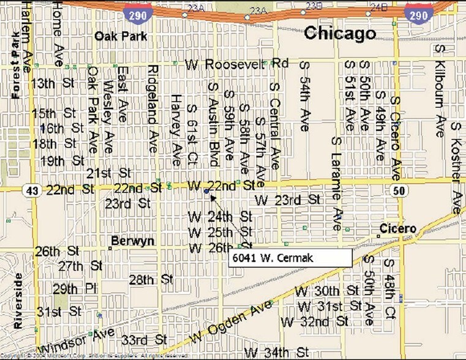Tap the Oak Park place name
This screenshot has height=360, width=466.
pyautogui.click(x=121, y=36)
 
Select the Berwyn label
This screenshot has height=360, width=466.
pyautogui.click(x=132, y=241)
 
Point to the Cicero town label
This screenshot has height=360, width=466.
pyautogui.click(x=398, y=229)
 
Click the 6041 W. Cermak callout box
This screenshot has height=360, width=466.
pyautogui.click(x=290, y=258)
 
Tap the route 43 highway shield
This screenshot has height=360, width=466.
pyautogui.click(x=32, y=190)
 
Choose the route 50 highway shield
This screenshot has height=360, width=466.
pyautogui.click(x=399, y=191)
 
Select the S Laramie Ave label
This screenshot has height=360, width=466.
pyautogui.click(x=336, y=182)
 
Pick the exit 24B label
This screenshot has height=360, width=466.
pyautogui.click(x=379, y=7)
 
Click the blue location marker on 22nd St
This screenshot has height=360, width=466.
pyautogui.click(x=206, y=192)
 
